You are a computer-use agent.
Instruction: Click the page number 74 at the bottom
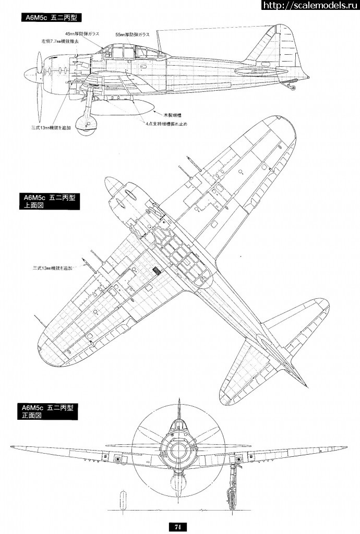coord(177,527)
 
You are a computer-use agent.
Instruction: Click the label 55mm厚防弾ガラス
coord(133,34)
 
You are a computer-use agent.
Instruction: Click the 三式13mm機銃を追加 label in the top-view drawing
coord(51,268)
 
